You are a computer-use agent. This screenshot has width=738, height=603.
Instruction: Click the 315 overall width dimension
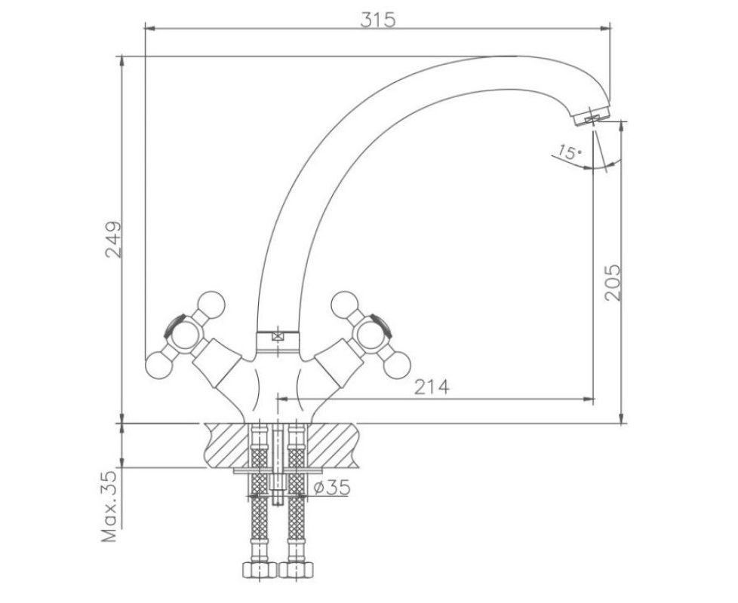tap(378, 20)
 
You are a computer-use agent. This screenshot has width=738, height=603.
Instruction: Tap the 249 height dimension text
tap(113, 239)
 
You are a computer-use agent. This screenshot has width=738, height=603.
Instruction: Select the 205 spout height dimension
tap(612, 283)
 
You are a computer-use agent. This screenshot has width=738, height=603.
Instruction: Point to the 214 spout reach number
tap(432, 387)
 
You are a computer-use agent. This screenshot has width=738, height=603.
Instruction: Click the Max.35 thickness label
tap(109, 507)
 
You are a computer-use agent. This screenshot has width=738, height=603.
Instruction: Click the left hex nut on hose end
tap(259, 570)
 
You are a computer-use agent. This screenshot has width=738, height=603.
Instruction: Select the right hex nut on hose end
tap(296, 570)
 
